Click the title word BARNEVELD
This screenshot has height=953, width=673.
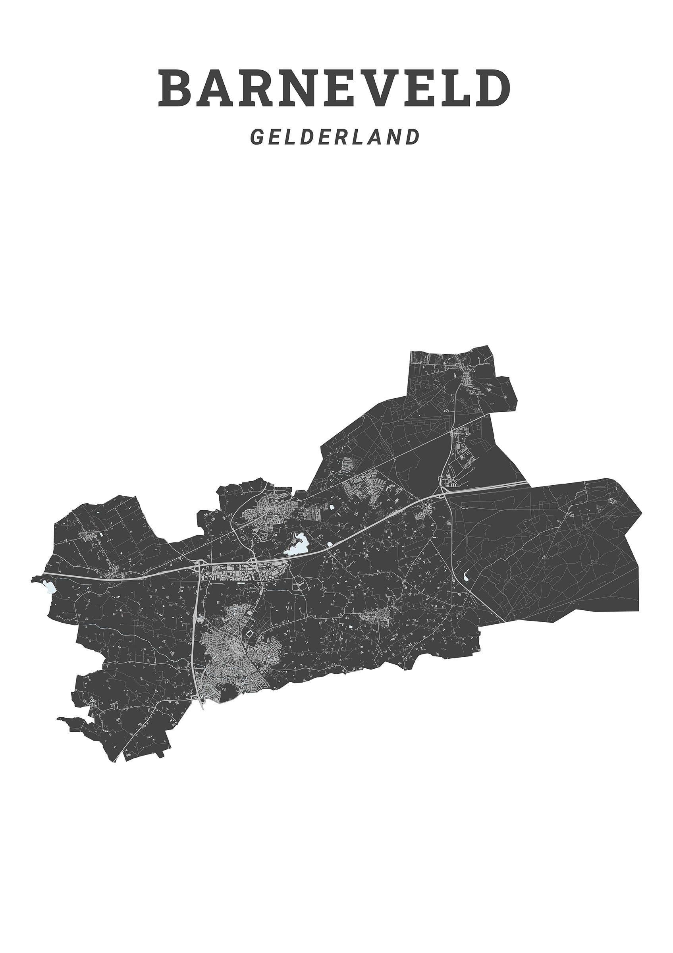[334, 89]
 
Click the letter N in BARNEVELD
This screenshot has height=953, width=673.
[292, 89]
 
